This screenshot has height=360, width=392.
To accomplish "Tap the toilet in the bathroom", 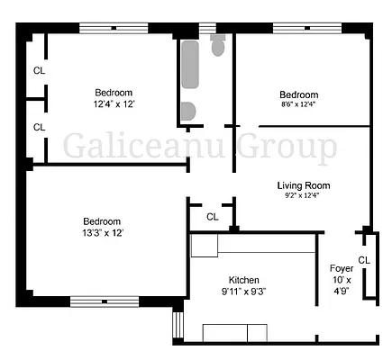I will tap(218, 45).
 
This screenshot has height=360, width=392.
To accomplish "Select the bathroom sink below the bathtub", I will tap(187, 111).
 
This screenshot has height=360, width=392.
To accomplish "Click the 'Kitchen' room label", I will tap(244, 279).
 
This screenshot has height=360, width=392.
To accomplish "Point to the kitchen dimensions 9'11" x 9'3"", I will tap(244, 292).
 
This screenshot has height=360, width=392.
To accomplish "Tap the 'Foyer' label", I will tap(342, 267).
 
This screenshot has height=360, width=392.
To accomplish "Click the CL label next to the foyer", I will tap(364, 260).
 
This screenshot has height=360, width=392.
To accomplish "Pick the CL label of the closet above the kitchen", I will tap(212, 217).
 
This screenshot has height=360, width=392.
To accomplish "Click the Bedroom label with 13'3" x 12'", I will tap(102, 220).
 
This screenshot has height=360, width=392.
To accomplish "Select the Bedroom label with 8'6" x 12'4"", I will tap(298, 94).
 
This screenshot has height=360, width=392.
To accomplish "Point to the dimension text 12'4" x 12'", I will tap(114, 103).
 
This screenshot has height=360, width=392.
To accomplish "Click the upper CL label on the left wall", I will tap(39, 69).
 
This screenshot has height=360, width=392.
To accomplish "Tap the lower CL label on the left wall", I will tap(39, 127).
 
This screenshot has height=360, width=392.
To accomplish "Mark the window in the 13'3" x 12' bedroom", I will tap(104, 301).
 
